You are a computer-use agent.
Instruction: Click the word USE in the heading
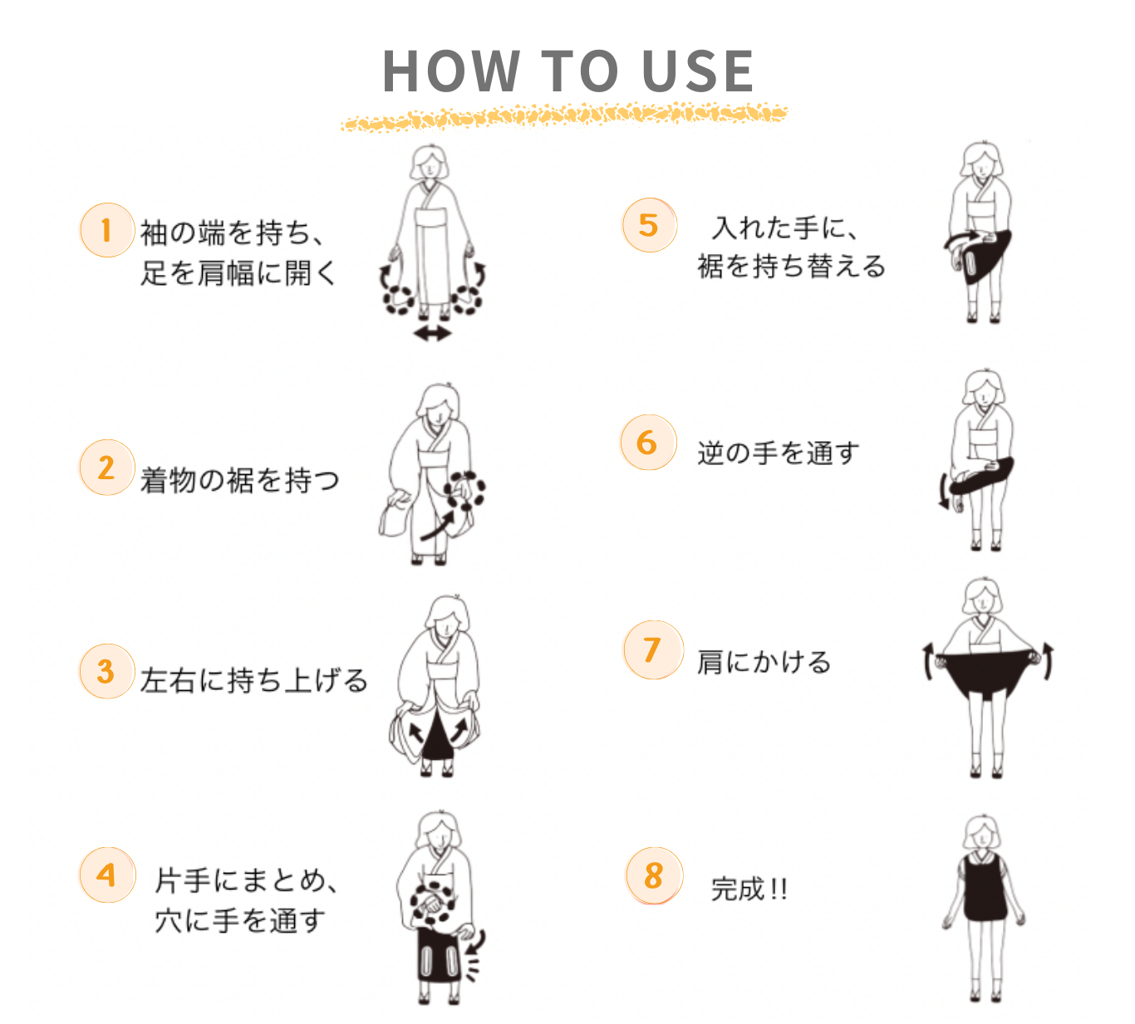click(x=698, y=71)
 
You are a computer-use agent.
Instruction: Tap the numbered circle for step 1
click(x=107, y=230)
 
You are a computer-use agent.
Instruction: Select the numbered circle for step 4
click(x=107, y=875)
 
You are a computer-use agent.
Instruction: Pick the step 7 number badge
click(x=653, y=649)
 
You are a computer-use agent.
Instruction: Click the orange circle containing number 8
click(x=654, y=876)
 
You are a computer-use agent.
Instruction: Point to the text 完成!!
click(x=749, y=889)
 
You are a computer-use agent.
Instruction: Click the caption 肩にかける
click(x=764, y=662)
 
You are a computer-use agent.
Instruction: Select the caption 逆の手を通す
click(x=779, y=453)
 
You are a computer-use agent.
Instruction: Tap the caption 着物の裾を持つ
click(x=240, y=480)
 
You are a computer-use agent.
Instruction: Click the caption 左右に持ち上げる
click(x=254, y=679)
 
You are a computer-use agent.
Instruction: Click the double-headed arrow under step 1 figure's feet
click(x=432, y=333)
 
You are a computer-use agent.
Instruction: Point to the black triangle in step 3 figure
click(x=437, y=736)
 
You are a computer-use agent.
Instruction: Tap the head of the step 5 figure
click(x=982, y=160)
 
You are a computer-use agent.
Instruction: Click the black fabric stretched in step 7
click(x=986, y=674)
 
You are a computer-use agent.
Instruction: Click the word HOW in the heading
click(x=451, y=71)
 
